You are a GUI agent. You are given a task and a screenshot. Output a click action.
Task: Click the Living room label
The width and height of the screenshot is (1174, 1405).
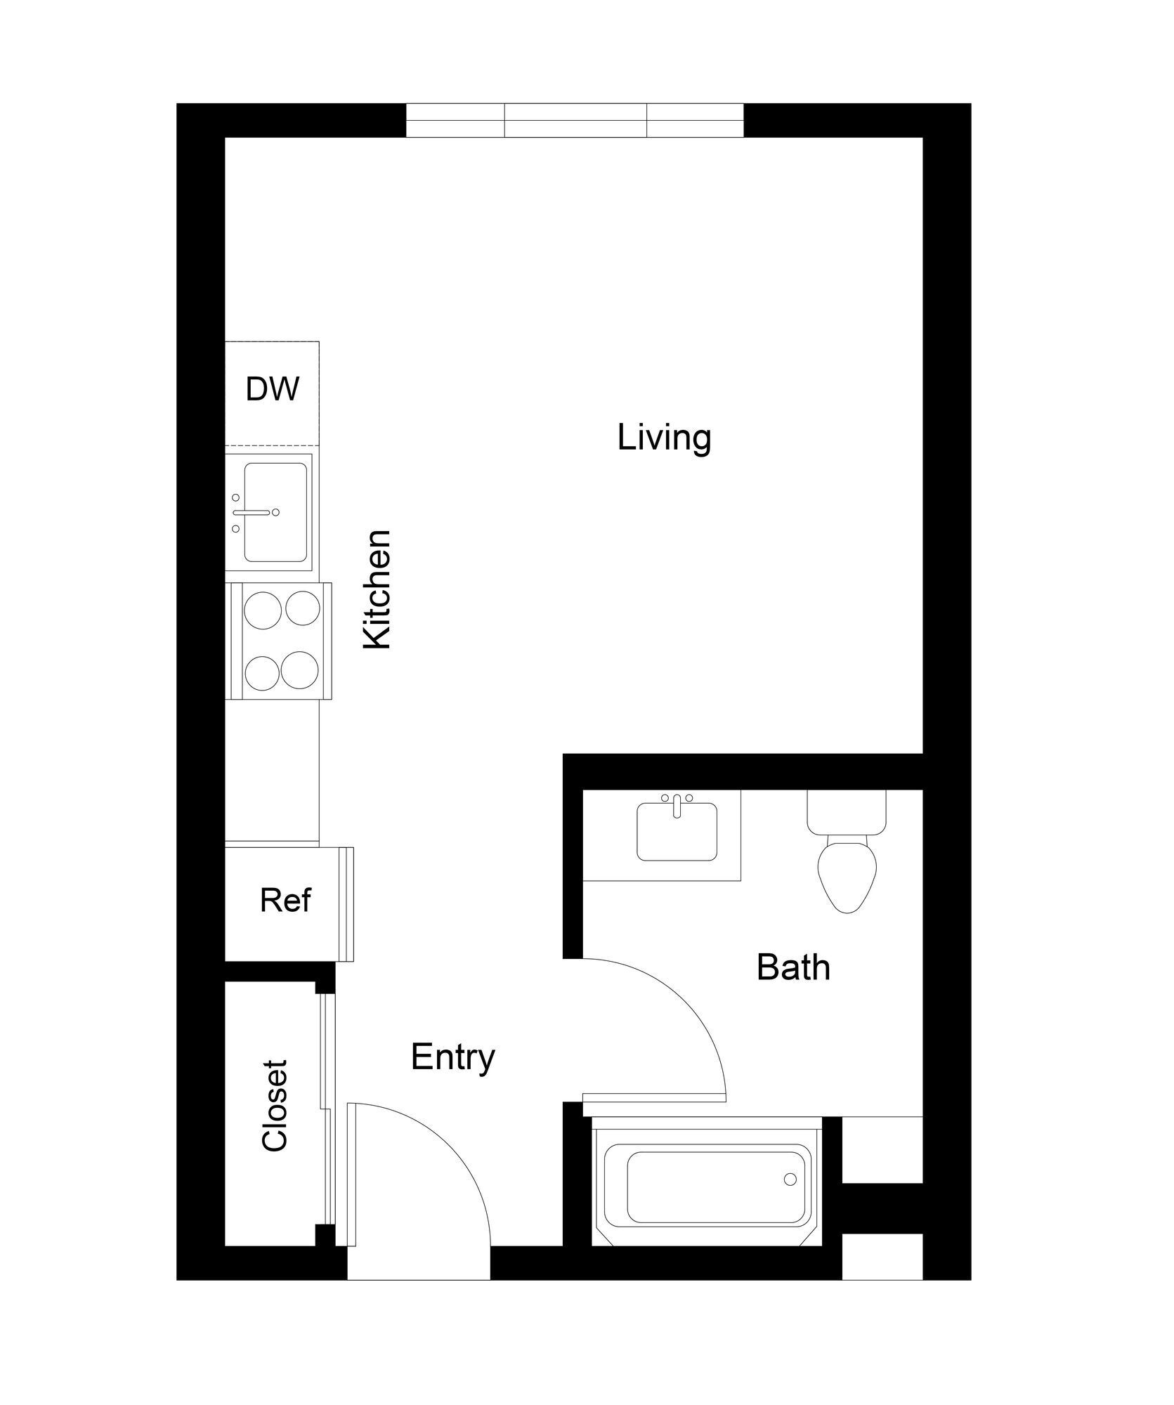point(664,438)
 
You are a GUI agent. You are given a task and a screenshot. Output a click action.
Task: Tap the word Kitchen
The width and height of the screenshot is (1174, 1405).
point(377,589)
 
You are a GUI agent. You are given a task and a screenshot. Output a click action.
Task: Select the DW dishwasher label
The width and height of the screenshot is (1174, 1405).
point(273,389)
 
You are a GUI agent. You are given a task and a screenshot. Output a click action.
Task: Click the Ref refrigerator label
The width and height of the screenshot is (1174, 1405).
point(285,900)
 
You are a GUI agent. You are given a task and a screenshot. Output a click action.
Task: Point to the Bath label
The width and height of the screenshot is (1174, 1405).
point(793,968)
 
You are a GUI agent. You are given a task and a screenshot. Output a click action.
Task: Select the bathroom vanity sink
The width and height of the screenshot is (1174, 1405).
point(677,834)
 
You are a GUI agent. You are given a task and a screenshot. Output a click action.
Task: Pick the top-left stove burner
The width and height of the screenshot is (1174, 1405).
point(261,608)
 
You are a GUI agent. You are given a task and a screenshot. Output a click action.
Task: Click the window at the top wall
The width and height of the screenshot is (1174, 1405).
point(575,120)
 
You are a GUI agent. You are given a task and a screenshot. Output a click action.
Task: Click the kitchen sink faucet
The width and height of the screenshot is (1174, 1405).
point(254,513)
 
